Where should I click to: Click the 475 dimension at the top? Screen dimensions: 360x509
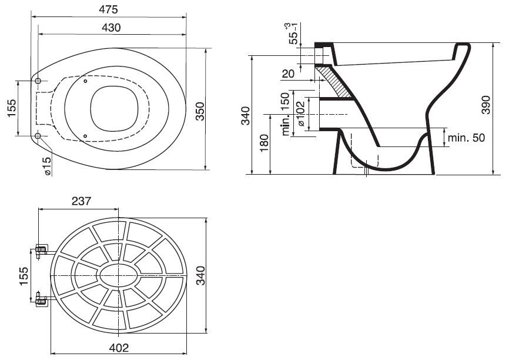pyautogui.click(x=108, y=9)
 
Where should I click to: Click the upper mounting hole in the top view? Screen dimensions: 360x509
pyautogui.click(x=38, y=81)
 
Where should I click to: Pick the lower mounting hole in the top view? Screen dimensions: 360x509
pyautogui.click(x=38, y=136)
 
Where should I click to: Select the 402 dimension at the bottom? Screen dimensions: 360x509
pyautogui.click(x=119, y=348)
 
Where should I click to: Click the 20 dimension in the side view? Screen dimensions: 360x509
pyautogui.click(x=288, y=74)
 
